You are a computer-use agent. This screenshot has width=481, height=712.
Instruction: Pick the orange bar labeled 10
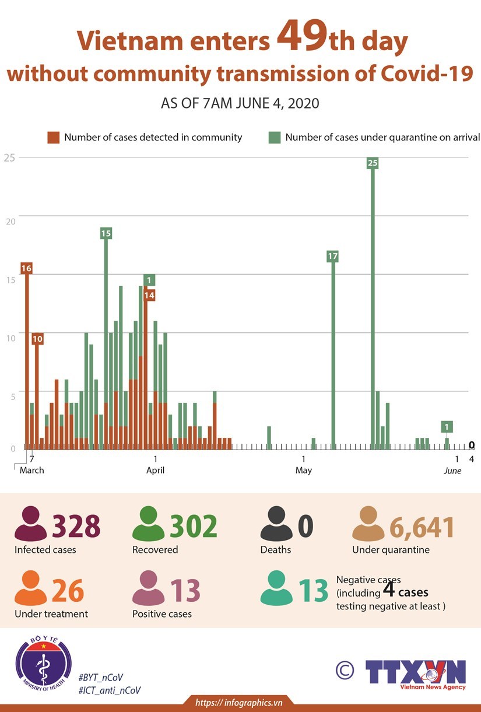(37, 391)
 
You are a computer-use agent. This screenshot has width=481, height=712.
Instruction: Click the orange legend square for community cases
(54, 138)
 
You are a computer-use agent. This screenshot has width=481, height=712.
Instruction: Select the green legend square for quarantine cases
(274, 138)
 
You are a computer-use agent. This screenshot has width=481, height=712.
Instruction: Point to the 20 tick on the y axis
(8, 215)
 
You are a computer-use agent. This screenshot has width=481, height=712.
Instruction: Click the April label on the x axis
(156, 470)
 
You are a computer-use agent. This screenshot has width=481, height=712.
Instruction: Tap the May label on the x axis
(303, 470)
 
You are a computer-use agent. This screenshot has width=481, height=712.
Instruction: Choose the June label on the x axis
(452, 471)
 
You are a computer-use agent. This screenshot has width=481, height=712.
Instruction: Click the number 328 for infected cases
(76, 526)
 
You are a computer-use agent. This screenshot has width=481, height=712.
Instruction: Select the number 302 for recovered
(194, 526)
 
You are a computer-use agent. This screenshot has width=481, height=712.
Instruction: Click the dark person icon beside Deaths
(276, 524)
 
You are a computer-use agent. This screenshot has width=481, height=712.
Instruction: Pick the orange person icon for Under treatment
(30, 588)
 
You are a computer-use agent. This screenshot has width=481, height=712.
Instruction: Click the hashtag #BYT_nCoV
(101, 677)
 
